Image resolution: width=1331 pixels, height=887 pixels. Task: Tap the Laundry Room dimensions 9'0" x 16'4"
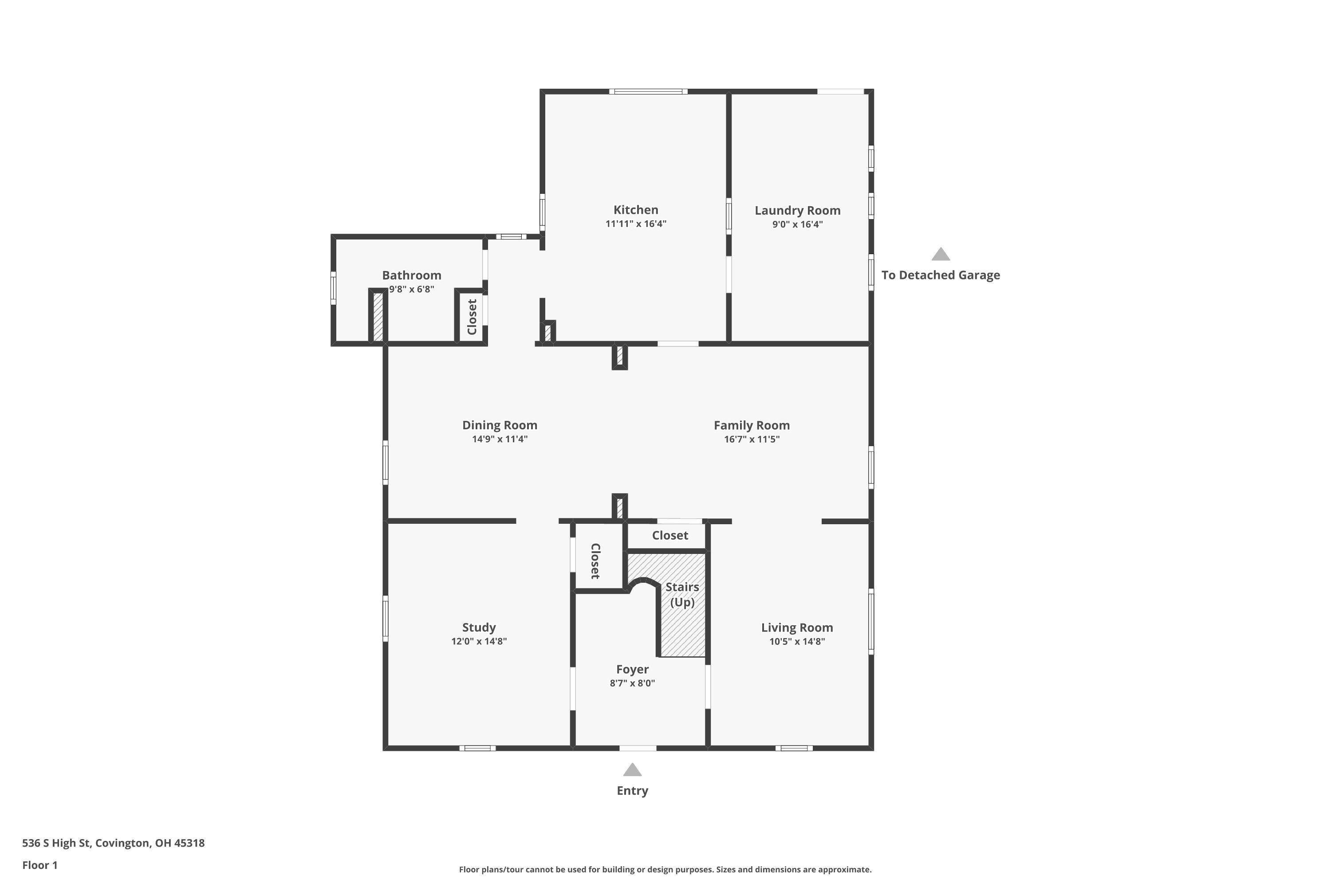[797, 224]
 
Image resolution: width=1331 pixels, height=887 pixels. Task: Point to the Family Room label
[752, 425]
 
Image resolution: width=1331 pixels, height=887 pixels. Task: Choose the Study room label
[479, 628]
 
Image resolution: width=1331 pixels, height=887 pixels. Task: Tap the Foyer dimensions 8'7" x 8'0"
[632, 683]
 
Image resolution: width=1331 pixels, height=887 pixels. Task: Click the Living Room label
[797, 628]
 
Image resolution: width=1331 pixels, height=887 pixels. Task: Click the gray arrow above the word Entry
[632, 769]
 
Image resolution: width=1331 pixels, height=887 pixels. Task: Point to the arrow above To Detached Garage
[941, 254]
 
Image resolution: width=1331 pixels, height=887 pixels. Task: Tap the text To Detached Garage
[941, 275]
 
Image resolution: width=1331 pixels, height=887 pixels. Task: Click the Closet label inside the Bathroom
[472, 317]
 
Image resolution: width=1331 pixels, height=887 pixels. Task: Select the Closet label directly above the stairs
[670, 535]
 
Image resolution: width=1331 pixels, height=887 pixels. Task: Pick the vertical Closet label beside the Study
[595, 561]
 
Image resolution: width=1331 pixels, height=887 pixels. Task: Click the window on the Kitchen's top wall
[649, 91]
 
